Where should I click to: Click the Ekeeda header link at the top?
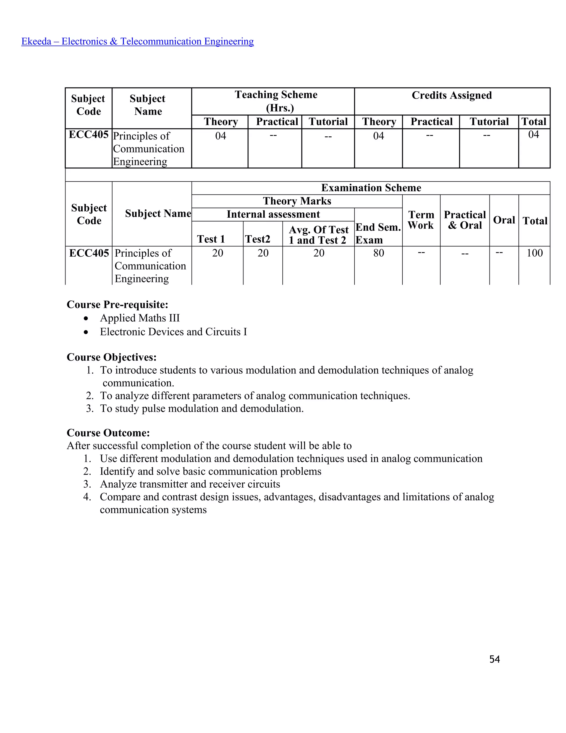pyautogui.click(x=137, y=41)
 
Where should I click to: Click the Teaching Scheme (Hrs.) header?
pyautogui.click(x=276, y=101)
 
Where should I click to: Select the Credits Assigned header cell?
pyautogui.click(x=452, y=95)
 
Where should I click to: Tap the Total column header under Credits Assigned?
pyautogui.click(x=534, y=121)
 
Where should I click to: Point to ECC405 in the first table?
pyautogui.click(x=88, y=135)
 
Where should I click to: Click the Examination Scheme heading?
pyautogui.click(x=371, y=188)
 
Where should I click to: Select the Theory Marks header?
pyautogui.click(x=297, y=201)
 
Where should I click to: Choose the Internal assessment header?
pyautogui.click(x=273, y=214)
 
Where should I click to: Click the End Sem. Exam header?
pyautogui.click(x=378, y=233)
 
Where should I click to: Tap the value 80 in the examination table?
pyautogui.click(x=379, y=253)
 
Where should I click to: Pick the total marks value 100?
pyautogui.click(x=534, y=253)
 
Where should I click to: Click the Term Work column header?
pyautogui.click(x=421, y=220)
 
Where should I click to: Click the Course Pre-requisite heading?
pyautogui.click(x=117, y=305)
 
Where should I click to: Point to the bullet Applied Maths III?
pyautogui.click(x=140, y=318)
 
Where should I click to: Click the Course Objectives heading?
pyautogui.click(x=112, y=357)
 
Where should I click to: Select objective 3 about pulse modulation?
pyautogui.click(x=201, y=409)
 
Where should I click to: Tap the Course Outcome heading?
pyautogui.click(x=108, y=433)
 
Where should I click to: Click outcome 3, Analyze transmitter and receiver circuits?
pyautogui.click(x=190, y=484)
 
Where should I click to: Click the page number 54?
pyautogui.click(x=494, y=659)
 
